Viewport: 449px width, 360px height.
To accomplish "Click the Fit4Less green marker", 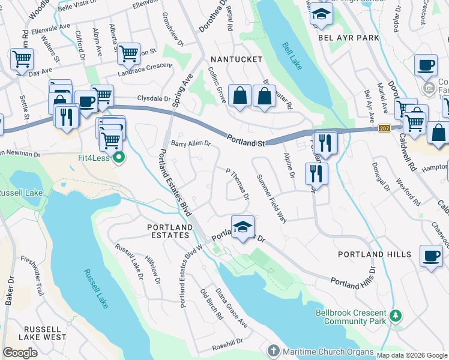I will pyautogui.click(x=119, y=159).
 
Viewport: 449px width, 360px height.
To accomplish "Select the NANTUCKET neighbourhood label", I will pyautogui.click(x=236, y=59).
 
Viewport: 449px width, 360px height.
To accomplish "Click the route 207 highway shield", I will pyautogui.click(x=385, y=128).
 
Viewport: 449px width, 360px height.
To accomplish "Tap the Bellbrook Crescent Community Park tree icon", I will pyautogui.click(x=395, y=315).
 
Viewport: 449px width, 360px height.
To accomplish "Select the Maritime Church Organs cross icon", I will pyautogui.click(x=273, y=350).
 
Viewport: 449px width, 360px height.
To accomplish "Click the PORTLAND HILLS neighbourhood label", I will pyautogui.click(x=375, y=254).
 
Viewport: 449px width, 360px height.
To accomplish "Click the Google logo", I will pyautogui.click(x=20, y=353).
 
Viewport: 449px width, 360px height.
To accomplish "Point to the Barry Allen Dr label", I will pyautogui.click(x=191, y=144).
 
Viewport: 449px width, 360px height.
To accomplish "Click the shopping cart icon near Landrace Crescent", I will pyautogui.click(x=128, y=53).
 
